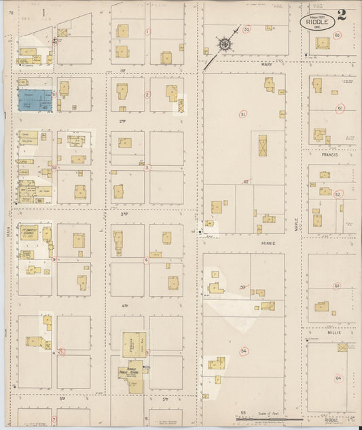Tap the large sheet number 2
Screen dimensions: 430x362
pos(342,16)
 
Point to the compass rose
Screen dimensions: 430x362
pos(223,44)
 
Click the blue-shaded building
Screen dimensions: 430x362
pos(35,99)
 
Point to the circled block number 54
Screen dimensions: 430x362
pos(244,350)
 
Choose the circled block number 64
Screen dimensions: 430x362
pos(338,378)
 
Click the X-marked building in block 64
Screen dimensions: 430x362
pos(342,348)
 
